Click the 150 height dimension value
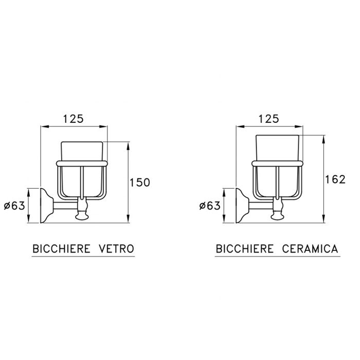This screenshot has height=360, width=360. [x=140, y=183]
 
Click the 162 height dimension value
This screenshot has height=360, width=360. [x=335, y=179]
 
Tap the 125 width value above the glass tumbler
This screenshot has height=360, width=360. [x=74, y=119]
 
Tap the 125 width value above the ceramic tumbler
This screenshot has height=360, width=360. [x=269, y=119]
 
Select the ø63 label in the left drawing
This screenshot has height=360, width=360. [x=14, y=206]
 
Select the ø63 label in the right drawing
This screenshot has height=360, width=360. [x=210, y=206]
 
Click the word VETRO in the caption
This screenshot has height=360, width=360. [x=116, y=249]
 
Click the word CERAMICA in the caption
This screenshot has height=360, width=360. [x=310, y=249]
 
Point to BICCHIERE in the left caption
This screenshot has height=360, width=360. [x=61, y=249]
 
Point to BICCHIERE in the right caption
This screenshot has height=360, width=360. [x=245, y=249]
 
